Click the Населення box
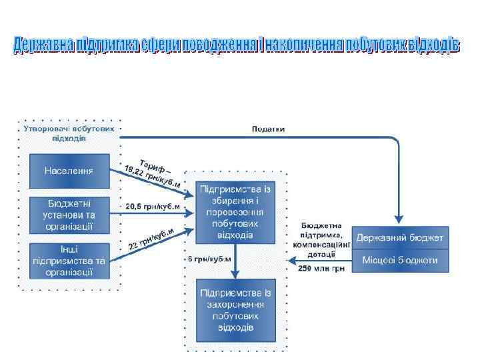pyautogui.click(x=69, y=171)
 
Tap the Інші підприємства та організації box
pyautogui.click(x=70, y=260)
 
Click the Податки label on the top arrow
pyautogui.click(x=267, y=129)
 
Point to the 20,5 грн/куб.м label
pyautogui.click(x=153, y=207)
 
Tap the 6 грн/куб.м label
pyautogui.click(x=208, y=258)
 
